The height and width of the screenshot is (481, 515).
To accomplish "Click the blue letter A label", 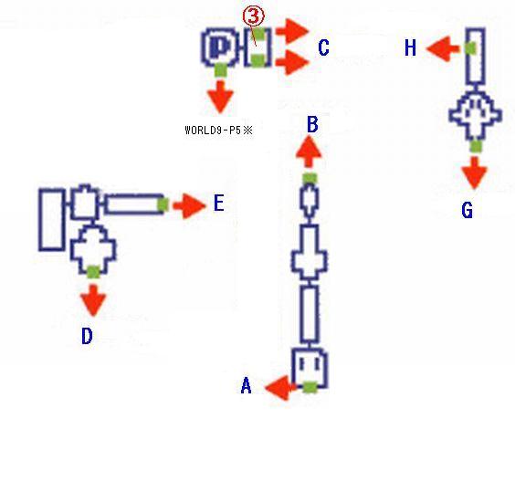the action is (247, 385).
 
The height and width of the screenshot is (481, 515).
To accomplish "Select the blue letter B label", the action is (312, 125).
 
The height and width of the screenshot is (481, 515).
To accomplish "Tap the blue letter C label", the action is (323, 47).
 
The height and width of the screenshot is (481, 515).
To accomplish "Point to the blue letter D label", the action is (87, 336).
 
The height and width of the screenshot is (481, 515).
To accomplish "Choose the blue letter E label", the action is (219, 203).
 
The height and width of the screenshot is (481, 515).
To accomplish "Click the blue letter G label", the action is (467, 210).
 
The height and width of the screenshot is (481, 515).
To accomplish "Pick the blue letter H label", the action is (410, 47).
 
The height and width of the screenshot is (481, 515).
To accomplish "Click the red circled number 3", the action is (253, 16).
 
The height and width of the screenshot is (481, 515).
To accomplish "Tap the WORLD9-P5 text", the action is (218, 131).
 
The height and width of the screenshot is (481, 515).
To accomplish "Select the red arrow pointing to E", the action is (189, 206).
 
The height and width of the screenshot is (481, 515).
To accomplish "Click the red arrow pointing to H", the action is (443, 48).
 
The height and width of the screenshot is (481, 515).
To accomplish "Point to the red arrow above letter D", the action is (93, 300).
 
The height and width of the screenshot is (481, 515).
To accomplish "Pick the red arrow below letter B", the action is (309, 152).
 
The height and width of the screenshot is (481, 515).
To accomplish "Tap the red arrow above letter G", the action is (474, 173).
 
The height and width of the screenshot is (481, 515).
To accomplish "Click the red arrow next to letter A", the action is (281, 388).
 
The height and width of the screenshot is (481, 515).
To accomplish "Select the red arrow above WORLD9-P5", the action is (220, 97).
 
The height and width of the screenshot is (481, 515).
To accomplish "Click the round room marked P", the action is (220, 47).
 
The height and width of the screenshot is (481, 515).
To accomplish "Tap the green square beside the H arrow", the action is (470, 48).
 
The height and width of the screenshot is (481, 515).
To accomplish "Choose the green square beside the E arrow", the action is (163, 204).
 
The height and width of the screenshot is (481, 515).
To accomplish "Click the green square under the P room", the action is (220, 70).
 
